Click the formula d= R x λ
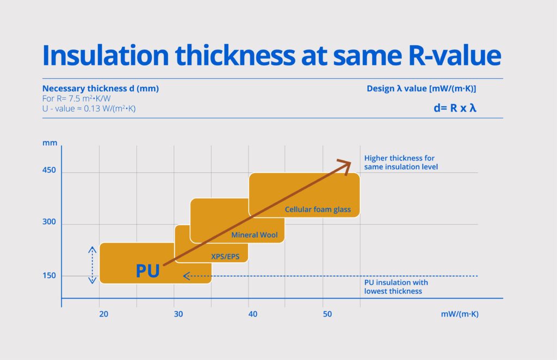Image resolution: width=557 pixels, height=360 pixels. [455, 108]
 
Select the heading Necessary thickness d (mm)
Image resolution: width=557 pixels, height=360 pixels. [101, 88]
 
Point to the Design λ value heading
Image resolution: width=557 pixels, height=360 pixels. [422, 88]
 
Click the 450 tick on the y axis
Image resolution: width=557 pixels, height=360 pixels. [49, 172]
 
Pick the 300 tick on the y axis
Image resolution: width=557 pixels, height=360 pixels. [49, 224]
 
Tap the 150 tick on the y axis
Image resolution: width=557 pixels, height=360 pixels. [49, 276]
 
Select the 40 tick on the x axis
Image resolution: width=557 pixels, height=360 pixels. [252, 314]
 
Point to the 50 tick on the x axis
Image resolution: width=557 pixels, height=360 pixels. [327, 314]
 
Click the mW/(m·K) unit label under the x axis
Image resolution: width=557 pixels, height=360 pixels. [460, 314]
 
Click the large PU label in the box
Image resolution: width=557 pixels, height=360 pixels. [147, 271]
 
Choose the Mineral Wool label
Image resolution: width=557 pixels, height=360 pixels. [255, 235]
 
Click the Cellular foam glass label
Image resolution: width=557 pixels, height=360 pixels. [318, 209]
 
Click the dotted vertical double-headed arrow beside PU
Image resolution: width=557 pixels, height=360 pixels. [92, 265]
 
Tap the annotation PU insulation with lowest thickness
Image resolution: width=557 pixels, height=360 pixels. [396, 287]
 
